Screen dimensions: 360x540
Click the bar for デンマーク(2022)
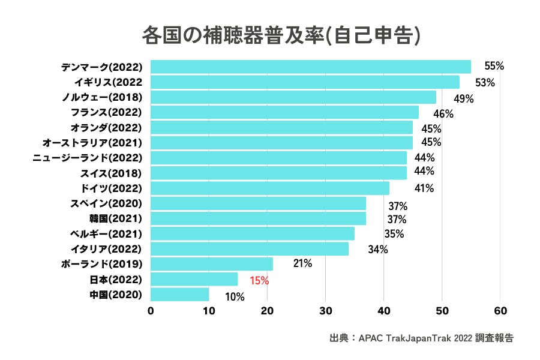tap(310, 67)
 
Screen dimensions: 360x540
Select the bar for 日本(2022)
tap(194, 279)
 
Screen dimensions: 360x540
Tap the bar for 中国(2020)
tap(179, 294)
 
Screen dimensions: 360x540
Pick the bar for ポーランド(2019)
tap(211, 264)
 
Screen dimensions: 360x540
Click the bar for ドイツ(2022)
tap(269, 188)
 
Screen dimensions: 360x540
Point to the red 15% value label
tap(259, 280)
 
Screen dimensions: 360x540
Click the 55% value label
tap(494, 67)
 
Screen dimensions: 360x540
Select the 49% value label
tap(464, 98)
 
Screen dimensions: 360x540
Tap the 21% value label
tap(302, 263)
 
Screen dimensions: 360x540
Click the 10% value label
tap(235, 296)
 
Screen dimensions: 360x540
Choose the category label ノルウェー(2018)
tap(102, 97)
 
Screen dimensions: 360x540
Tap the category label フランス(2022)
tap(105, 112)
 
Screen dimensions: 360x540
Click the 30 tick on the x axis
tap(325, 311)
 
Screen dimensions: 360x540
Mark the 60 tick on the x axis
tap(500, 311)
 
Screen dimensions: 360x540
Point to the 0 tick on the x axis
tap(150, 311)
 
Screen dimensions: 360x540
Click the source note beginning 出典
tap(421, 338)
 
